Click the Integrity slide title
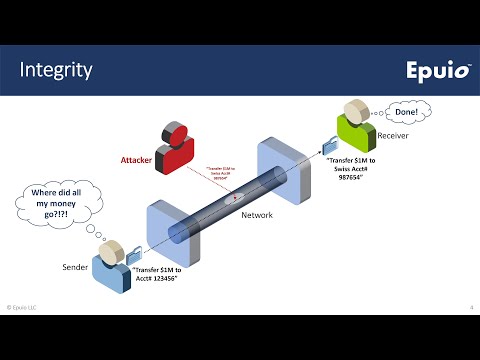pos(57,70)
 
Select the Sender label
pos(77,268)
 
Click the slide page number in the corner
pos(471,306)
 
